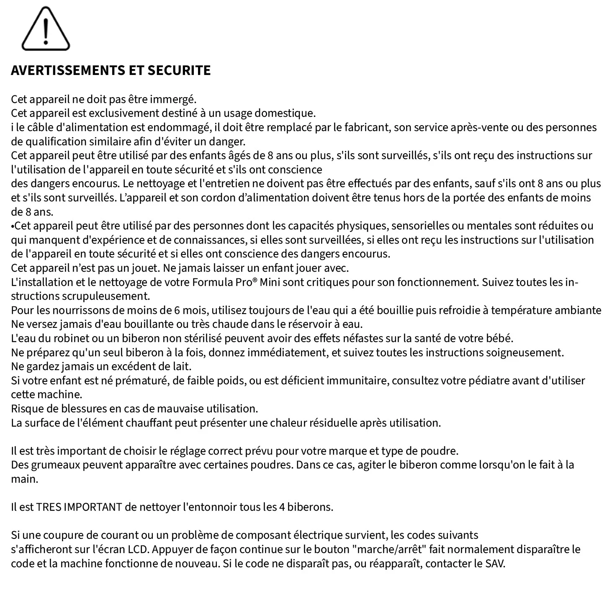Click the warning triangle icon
tap(46, 30)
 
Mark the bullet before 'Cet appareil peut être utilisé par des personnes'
tap(13, 226)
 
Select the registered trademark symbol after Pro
tap(255, 280)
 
